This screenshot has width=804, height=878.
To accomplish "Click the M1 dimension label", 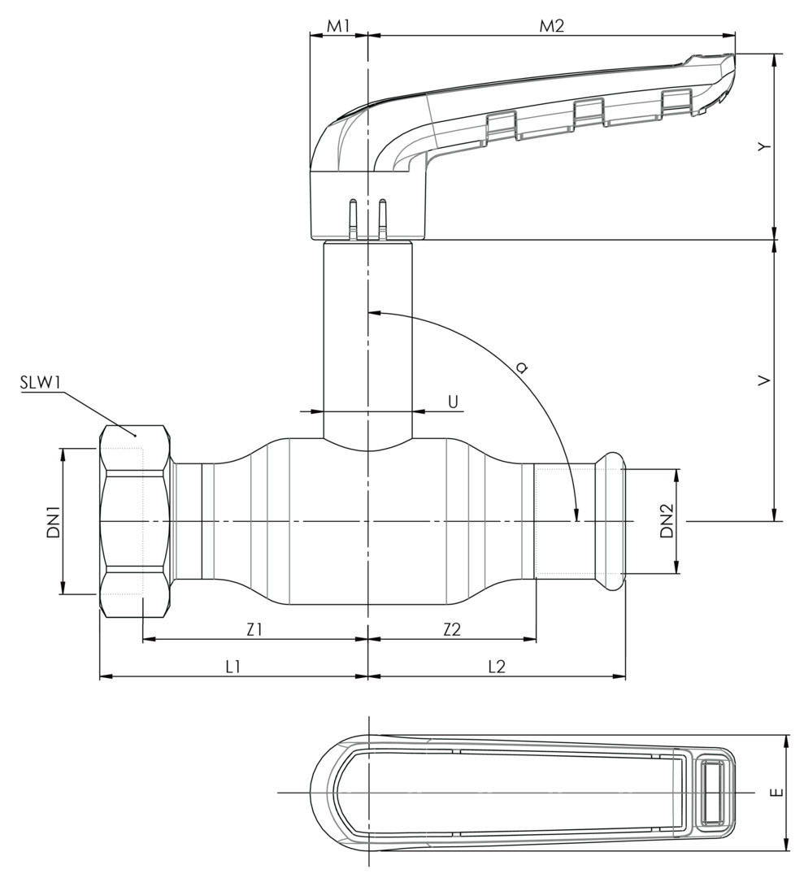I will coord(338,25).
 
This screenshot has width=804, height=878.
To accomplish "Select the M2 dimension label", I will coord(552,25).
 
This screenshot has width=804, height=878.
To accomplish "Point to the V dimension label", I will coord(763,380).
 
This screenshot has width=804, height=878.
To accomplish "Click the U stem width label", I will coord(453,401).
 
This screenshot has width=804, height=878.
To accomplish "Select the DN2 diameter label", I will coord(667,521).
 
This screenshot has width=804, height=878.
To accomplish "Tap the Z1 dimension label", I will coord(254,628).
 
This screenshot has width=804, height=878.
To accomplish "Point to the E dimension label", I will coord(778,792).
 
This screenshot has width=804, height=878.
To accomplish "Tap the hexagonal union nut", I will coord(134,520).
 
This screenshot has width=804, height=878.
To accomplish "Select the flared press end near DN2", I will coord(610,520).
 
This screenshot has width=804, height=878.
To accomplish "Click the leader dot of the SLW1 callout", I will coord(135,436).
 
